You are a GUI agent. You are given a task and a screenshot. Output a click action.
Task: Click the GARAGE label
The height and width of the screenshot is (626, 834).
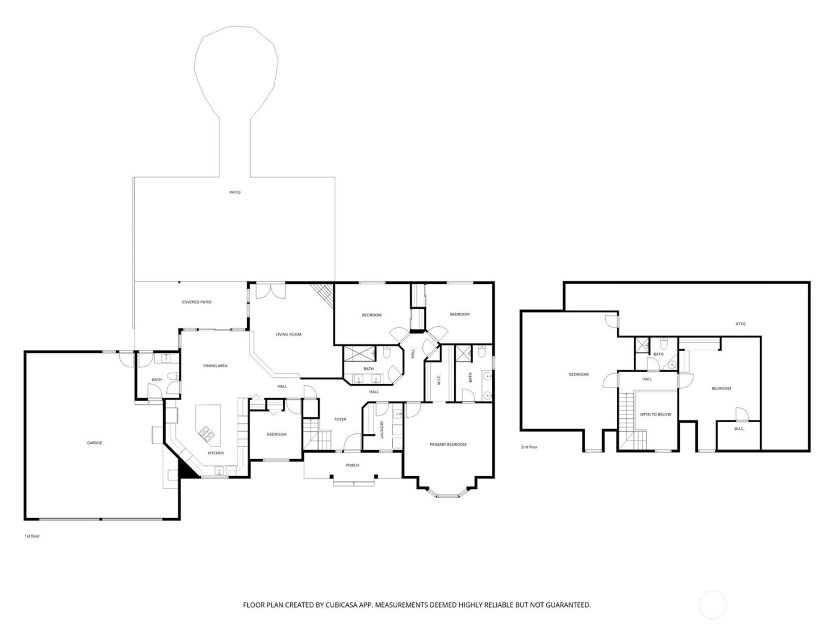coord(94,443)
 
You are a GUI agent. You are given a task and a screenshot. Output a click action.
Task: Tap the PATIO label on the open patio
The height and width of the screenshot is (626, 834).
coord(235,192)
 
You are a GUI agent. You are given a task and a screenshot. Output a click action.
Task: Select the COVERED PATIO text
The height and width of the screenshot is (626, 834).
coord(197,302)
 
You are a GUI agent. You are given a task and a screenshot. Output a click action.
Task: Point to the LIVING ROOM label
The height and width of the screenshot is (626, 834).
coord(288,334)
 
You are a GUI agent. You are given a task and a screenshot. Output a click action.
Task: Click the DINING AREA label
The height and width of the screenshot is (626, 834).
coord(215,366)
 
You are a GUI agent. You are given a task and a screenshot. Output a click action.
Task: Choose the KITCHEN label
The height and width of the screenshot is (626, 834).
coord(216,454)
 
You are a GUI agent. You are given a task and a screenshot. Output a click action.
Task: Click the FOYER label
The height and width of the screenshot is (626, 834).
coord(340,419)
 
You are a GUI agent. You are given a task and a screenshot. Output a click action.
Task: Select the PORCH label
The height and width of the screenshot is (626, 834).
coord(353,465)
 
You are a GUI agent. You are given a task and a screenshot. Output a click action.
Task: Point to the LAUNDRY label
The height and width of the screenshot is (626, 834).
coord(382,430)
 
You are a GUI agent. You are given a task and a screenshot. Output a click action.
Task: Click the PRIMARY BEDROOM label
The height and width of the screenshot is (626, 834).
coord(448,445)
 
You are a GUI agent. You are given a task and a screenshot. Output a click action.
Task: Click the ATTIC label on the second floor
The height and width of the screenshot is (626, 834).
coord(740,324)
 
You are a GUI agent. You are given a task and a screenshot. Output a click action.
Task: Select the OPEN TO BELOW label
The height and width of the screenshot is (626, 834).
coord(655,414)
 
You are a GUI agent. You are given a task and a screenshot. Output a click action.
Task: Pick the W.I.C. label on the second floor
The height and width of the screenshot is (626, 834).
coord(739,429)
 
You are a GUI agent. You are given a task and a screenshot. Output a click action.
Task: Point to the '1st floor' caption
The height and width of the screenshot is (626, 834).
coord(32,536)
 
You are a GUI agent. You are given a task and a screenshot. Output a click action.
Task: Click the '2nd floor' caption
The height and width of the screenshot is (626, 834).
coord(529,447)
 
